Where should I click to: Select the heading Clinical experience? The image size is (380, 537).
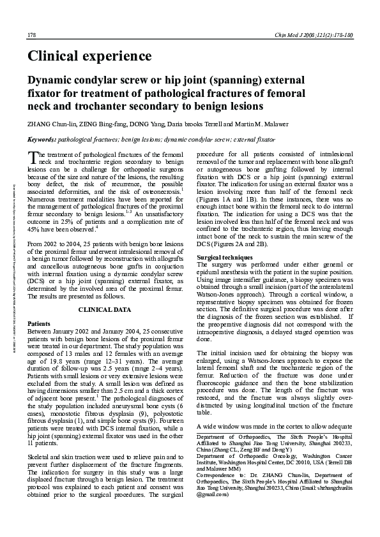point(89,56)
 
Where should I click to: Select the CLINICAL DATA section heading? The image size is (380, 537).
point(105,309)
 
